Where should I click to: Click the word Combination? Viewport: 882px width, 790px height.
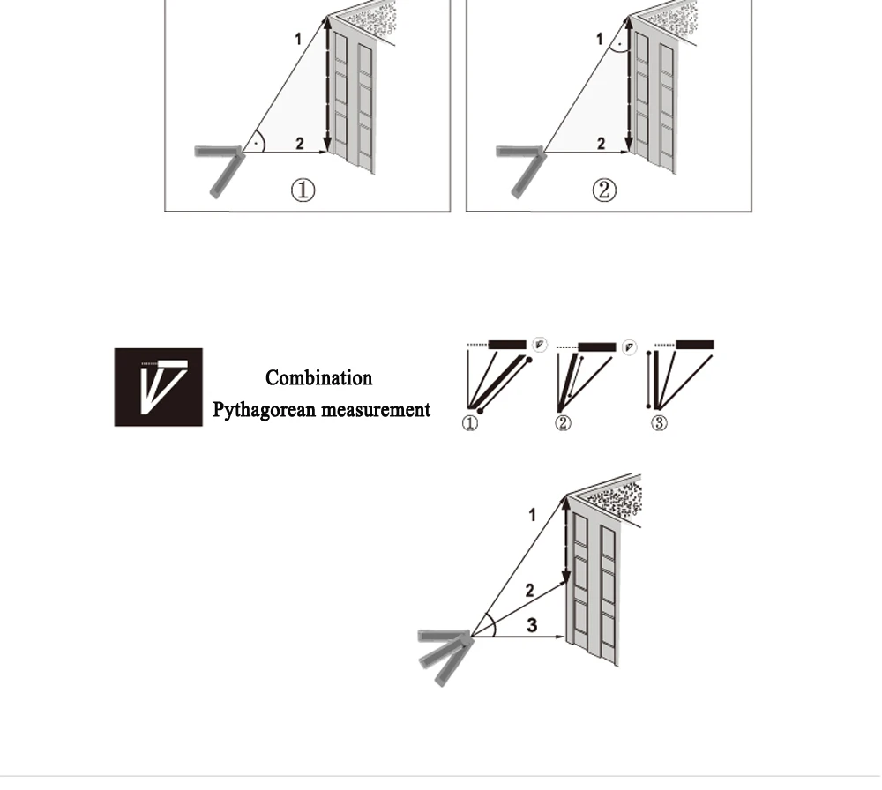pos(318,378)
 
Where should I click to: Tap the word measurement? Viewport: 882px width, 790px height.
pos(376,410)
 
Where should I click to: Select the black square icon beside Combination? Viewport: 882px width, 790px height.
pos(158,387)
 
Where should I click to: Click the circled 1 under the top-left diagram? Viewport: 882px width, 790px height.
pos(303,190)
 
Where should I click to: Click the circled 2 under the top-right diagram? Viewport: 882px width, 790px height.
pos(603,190)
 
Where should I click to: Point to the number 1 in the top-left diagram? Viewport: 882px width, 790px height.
pos(298,39)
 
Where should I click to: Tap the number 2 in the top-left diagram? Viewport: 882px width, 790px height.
pos(300,144)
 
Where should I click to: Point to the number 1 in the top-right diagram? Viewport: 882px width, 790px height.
pos(600,39)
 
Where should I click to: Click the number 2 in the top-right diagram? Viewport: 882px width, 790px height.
pos(601,144)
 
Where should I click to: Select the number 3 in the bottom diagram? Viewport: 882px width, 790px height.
pos(532,625)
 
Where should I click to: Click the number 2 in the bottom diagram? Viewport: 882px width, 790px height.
pos(529,590)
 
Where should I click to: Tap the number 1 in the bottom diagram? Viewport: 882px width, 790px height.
pos(532,514)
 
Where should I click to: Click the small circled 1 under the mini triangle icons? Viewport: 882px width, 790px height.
pos(470,424)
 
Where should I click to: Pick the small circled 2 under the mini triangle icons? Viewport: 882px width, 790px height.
pos(563,424)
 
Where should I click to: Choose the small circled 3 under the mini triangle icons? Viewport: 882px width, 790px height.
pos(659,424)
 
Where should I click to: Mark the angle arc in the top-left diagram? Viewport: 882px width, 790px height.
pos(258,141)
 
